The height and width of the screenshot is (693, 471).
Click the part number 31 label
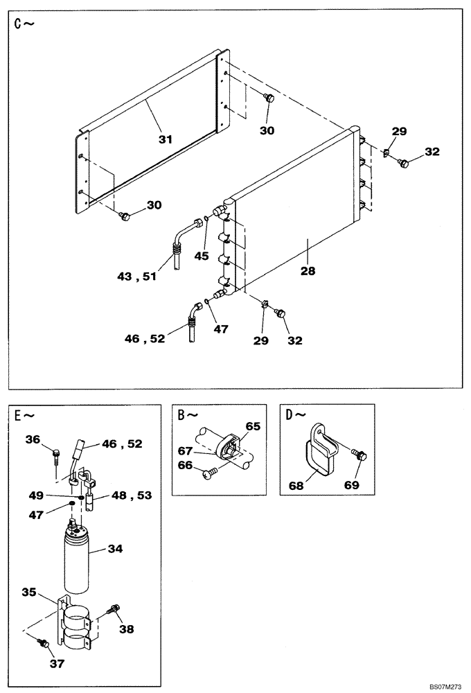[165, 139]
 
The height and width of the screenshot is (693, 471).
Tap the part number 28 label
[308, 271]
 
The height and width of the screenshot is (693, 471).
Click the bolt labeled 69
[358, 455]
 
